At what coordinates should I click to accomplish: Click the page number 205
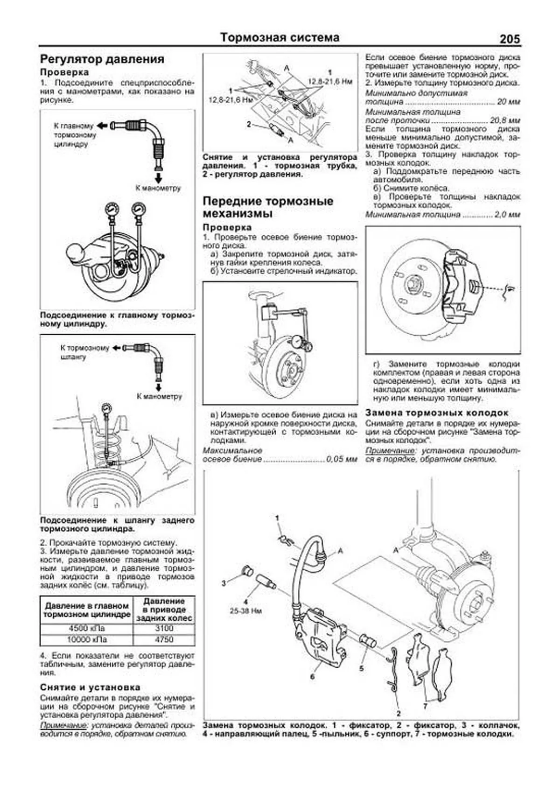click(x=509, y=39)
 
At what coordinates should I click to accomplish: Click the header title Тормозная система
click(x=280, y=37)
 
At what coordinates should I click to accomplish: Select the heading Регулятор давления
click(x=102, y=59)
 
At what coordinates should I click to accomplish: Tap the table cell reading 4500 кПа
click(x=86, y=628)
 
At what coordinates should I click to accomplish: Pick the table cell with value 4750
click(x=164, y=639)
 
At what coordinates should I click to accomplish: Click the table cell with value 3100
click(x=164, y=628)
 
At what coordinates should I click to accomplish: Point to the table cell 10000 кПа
click(x=86, y=639)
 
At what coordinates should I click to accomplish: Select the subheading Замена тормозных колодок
click(x=436, y=413)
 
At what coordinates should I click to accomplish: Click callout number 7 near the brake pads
click(x=425, y=706)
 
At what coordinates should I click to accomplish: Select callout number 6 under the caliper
click(x=312, y=676)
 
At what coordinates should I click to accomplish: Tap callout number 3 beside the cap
click(x=224, y=583)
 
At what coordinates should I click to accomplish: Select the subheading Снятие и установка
click(x=90, y=687)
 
